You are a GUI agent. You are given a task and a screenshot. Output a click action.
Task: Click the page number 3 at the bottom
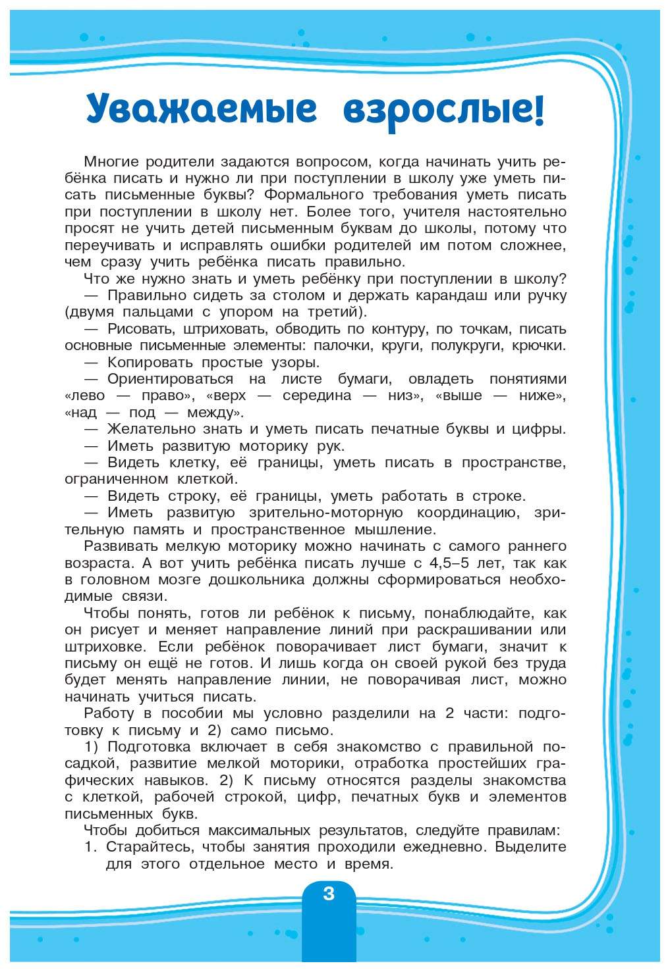329,894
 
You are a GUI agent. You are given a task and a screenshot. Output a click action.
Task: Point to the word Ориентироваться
170,379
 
